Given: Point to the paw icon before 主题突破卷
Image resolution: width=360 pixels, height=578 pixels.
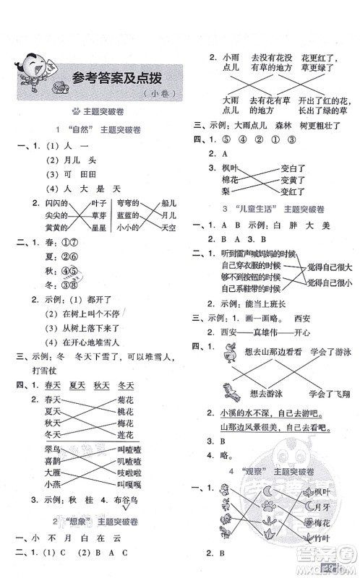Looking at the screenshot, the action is (x=76, y=111).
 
